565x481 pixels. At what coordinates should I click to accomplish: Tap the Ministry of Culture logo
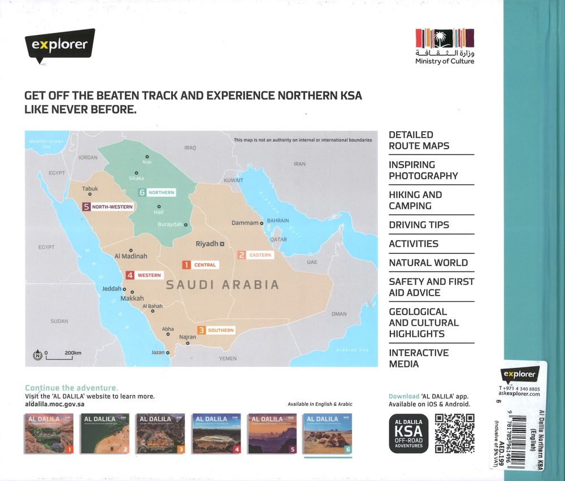tap(445, 45)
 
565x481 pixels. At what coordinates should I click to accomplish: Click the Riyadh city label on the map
tap(207, 244)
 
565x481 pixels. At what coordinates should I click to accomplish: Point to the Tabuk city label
tap(90, 189)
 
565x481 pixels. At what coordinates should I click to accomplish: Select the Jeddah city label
tap(111, 289)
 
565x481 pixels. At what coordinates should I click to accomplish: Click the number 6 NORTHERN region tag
tap(157, 193)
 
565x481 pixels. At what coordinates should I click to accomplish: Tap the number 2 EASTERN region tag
tap(255, 255)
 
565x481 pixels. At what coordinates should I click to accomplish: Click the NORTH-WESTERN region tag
tap(108, 207)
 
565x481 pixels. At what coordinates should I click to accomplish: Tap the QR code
tap(454, 434)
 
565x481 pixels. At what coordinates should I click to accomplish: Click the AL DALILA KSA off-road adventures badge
tap(408, 434)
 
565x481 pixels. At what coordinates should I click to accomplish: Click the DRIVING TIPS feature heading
tap(419, 225)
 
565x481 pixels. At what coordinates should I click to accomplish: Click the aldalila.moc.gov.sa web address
tap(55, 405)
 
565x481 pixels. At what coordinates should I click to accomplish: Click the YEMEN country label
tap(228, 358)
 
